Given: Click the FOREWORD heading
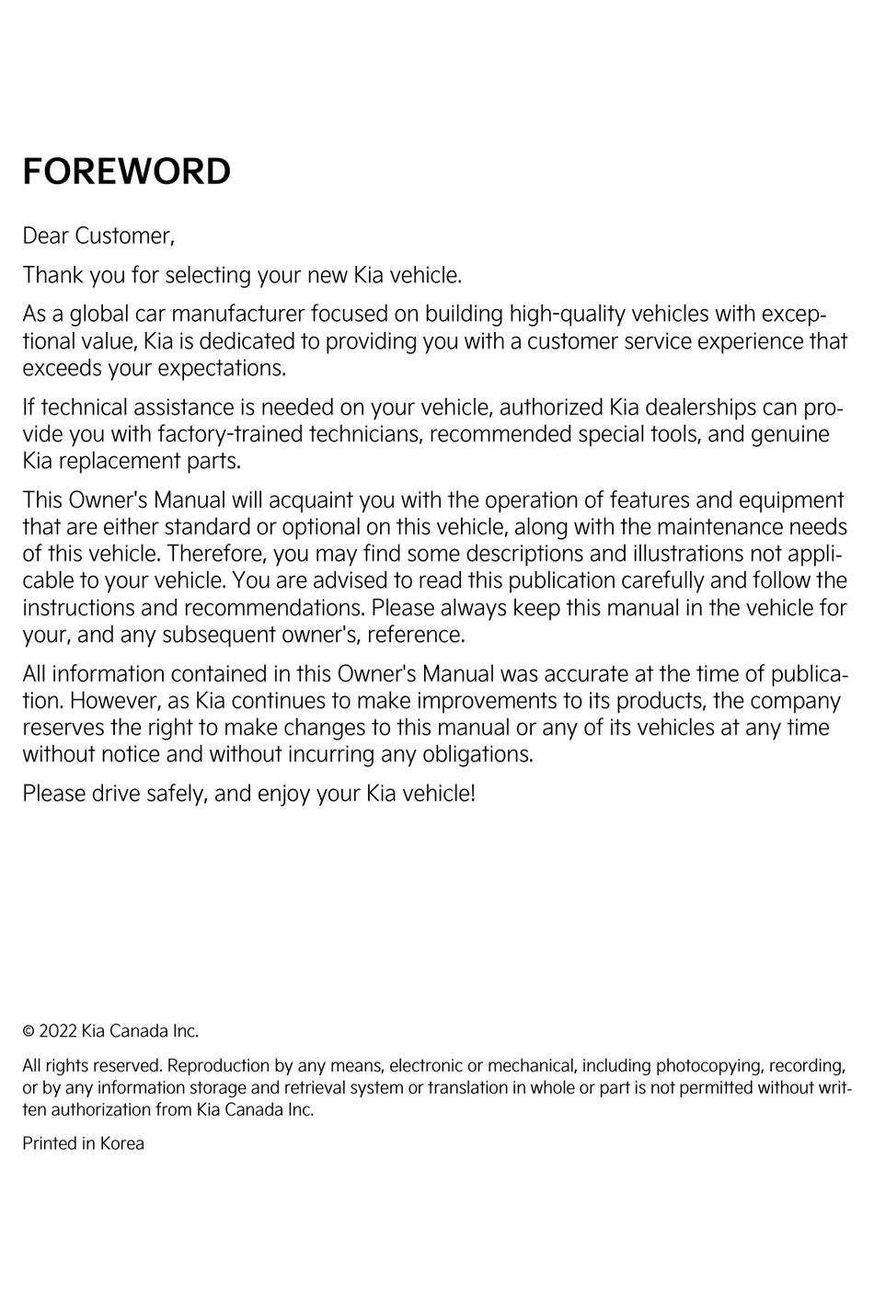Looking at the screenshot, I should (x=126, y=172).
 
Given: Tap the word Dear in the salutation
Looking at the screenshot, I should (x=45, y=236).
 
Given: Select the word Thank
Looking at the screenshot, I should (x=52, y=275).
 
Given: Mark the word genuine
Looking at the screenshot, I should (x=790, y=434).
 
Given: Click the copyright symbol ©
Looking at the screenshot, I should (x=29, y=1031).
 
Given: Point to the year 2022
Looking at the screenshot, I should (x=58, y=1031).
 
